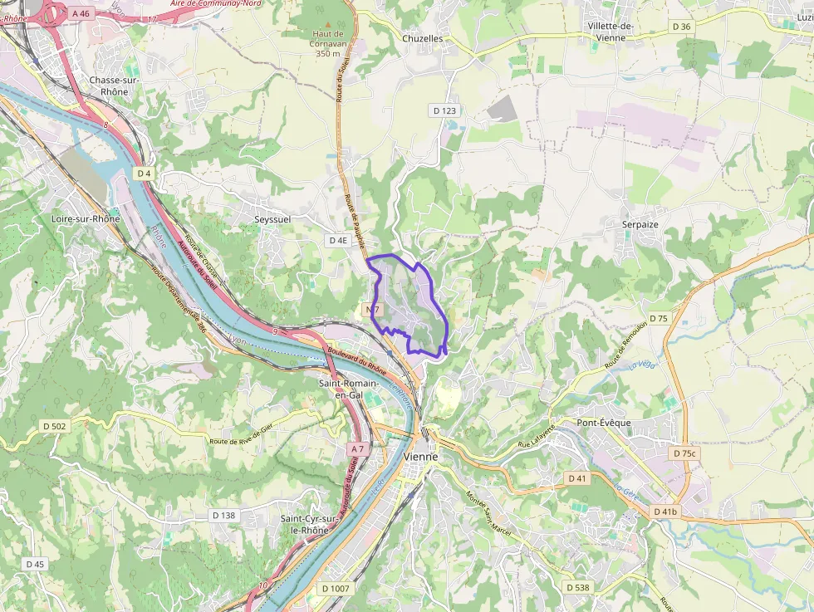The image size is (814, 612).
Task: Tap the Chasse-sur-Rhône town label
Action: [108, 86]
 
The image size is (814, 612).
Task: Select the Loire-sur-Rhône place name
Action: [86, 219]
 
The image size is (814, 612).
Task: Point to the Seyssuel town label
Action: [272, 219]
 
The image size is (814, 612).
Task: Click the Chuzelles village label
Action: [422, 38]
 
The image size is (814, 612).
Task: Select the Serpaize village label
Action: [640, 224]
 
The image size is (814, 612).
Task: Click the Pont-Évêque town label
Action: [604, 423]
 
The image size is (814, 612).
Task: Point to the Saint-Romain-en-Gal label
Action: [350, 389]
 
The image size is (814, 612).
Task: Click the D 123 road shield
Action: [444, 110]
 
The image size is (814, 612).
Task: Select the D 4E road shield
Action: [338, 240]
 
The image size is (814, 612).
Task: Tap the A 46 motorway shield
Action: [81, 13]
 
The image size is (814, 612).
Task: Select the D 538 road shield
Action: [577, 588]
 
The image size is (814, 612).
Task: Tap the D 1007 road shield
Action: [336, 588]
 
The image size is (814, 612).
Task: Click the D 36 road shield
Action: [680, 27]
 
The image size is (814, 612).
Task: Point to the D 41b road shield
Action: [665, 512]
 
